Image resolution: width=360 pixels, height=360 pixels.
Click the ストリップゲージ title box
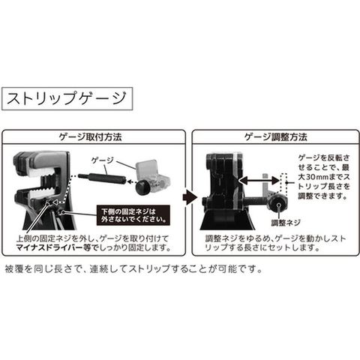coord(67,98)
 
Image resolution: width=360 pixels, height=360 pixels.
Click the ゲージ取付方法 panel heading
coord(90,137)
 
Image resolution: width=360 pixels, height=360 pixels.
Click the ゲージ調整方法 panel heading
coord(275,137)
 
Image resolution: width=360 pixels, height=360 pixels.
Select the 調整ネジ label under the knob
coord(286,223)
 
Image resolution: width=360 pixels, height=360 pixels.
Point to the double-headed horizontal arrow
coord(259,181)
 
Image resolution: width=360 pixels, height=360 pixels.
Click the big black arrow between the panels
coord(190,197)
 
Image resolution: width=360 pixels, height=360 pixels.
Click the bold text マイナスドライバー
coord(49,247)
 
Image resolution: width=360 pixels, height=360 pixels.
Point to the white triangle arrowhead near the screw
coord(55,202)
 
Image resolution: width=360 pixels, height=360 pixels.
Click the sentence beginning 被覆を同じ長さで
coord(134,269)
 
